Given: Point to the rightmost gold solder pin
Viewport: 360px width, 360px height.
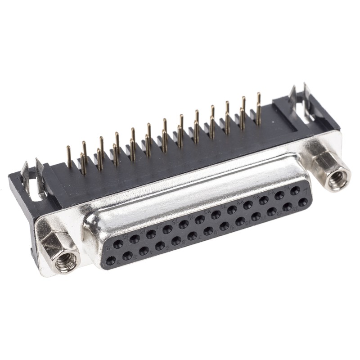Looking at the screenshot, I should tap(258, 108).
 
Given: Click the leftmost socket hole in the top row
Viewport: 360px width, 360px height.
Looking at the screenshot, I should tap(118, 244).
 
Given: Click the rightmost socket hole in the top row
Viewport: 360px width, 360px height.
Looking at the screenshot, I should tap(295, 190).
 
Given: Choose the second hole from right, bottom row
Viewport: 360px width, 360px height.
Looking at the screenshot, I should tap(287, 207).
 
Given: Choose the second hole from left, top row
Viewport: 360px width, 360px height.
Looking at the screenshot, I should tap(135, 239).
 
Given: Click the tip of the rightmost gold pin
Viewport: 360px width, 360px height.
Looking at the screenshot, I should tap(258, 94).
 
